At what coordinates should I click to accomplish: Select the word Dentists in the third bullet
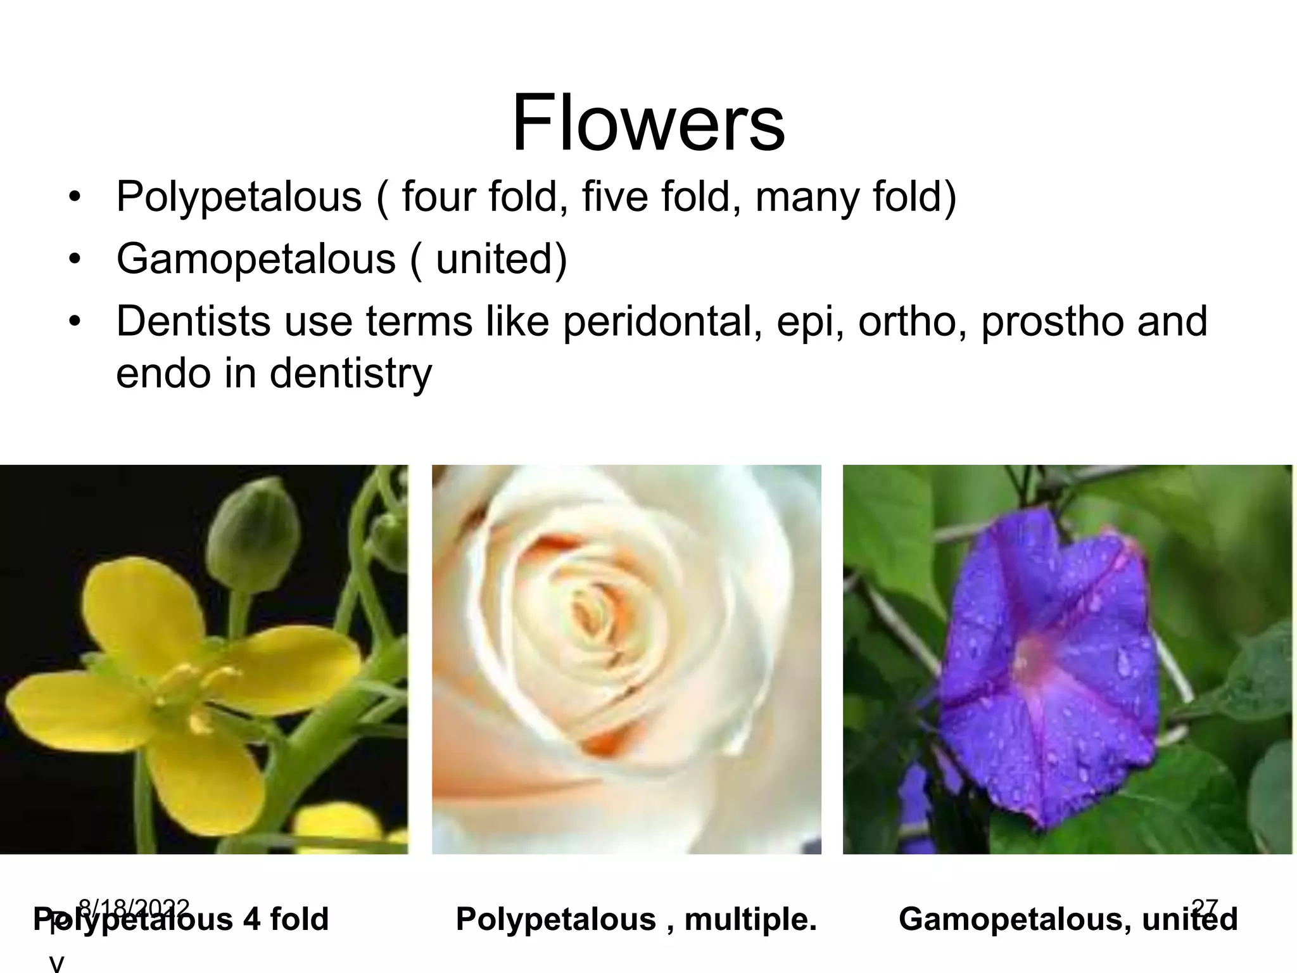194,321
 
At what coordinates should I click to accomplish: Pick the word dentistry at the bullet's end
351,373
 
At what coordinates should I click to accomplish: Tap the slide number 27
1205,908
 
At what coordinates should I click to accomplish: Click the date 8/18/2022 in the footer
134,908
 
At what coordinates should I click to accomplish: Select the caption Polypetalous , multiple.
636,919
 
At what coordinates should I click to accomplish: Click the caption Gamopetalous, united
1068,919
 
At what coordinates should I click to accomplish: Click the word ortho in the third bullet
911,322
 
